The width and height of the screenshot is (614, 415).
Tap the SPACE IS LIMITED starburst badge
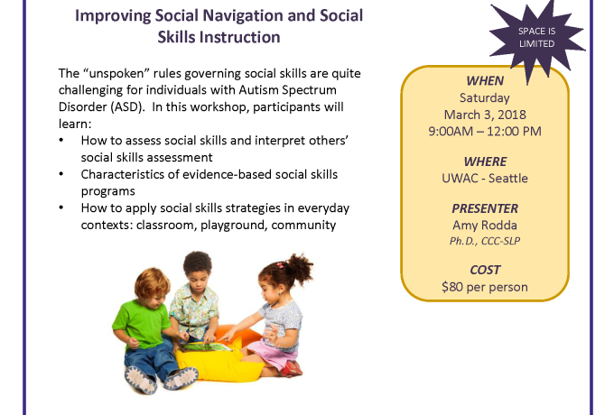coord(537,38)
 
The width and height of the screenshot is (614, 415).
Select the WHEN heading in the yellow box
coord(485,81)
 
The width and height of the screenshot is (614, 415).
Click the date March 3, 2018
coord(485,115)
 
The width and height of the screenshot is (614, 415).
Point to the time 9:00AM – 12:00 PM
coord(485,132)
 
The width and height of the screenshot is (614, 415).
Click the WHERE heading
coord(485,161)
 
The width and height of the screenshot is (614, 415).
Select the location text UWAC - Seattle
coord(485,179)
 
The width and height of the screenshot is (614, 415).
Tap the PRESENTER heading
coord(485,208)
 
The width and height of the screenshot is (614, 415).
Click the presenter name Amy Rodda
coord(485,226)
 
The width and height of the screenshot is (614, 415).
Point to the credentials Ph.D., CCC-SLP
coord(485,241)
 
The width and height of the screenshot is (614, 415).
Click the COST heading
coord(485,270)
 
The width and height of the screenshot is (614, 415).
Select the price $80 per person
coord(485,287)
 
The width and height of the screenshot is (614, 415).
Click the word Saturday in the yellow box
coord(485,97)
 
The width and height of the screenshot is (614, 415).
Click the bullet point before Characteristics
coord(61,173)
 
